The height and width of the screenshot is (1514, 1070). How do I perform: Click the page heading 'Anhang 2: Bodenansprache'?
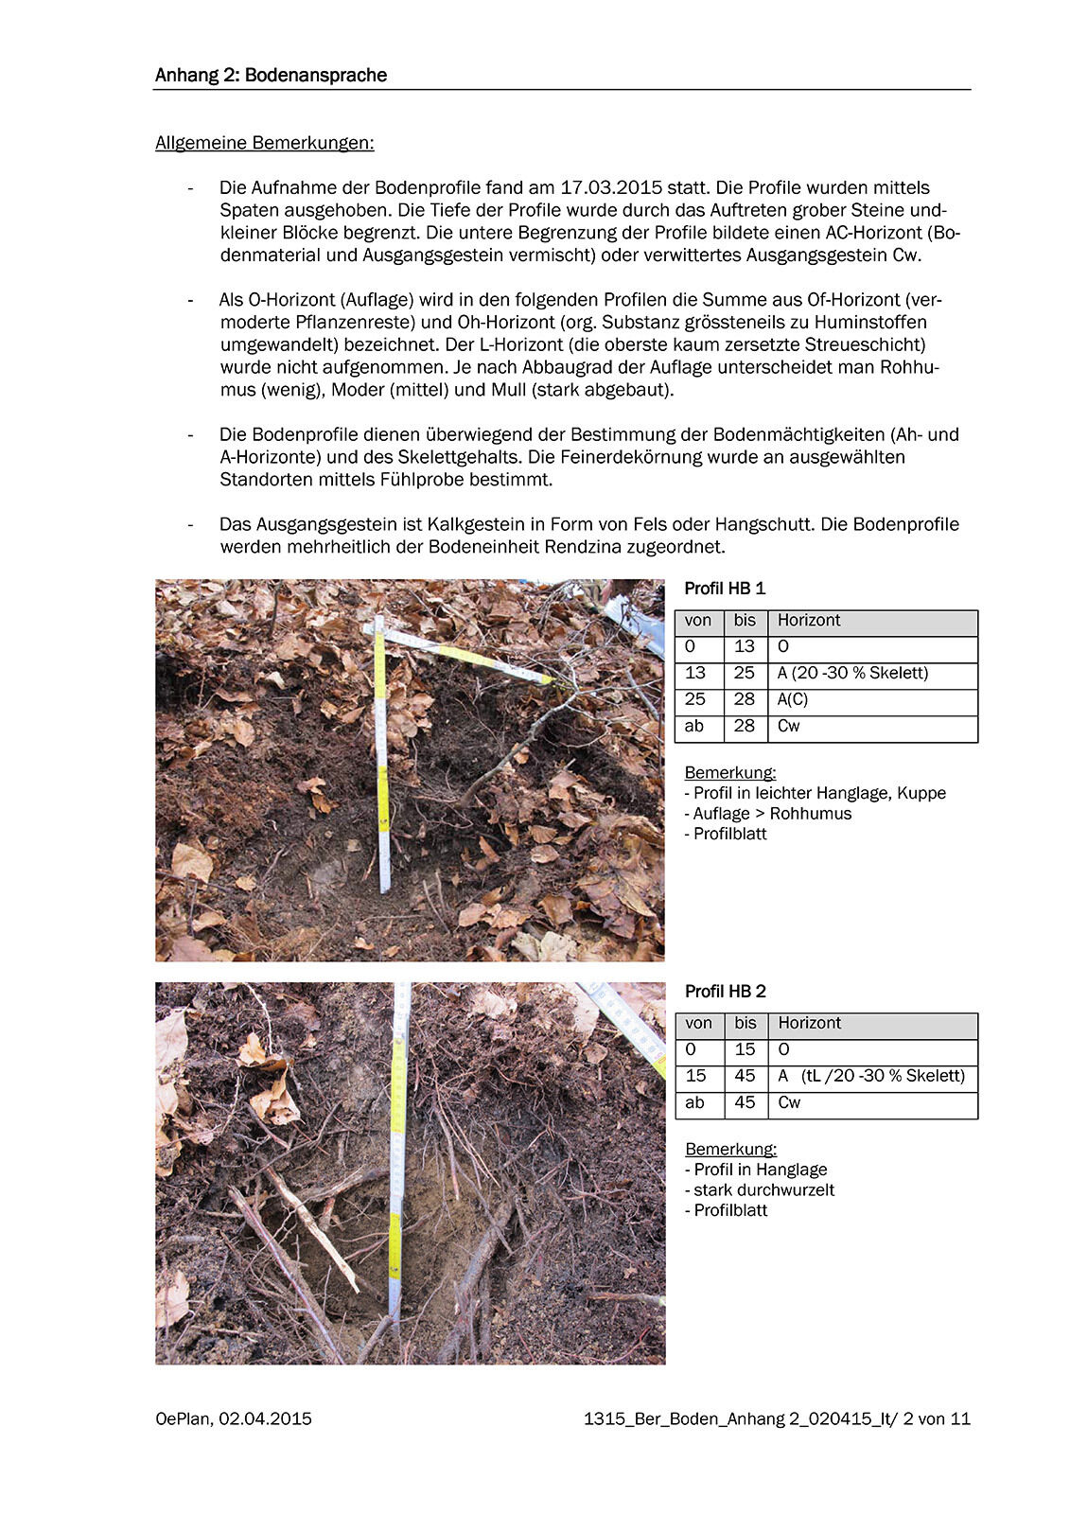271,76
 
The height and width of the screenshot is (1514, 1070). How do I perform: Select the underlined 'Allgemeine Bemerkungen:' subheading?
265,143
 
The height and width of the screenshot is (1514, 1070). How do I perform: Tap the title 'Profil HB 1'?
725,589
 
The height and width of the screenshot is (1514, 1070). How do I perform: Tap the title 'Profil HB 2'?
725,992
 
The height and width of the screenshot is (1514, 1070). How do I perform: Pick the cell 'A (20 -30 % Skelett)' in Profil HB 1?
852,673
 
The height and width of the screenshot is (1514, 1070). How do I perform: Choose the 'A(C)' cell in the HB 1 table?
793,699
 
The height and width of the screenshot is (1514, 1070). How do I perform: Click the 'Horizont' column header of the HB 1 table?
809,621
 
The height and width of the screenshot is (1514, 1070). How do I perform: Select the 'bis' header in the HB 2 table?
745,1023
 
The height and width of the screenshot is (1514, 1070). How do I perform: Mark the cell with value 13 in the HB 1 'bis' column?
745,646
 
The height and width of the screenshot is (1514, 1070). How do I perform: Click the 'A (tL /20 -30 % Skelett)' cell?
870,1076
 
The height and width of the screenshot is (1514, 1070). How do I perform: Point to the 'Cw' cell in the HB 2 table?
789,1102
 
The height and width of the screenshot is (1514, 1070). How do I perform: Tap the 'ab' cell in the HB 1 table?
694,726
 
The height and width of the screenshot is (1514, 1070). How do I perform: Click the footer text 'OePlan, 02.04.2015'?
234,1419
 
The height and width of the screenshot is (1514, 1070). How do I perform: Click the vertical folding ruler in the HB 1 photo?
381,757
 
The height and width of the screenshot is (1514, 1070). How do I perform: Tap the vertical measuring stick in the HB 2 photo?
397,1154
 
